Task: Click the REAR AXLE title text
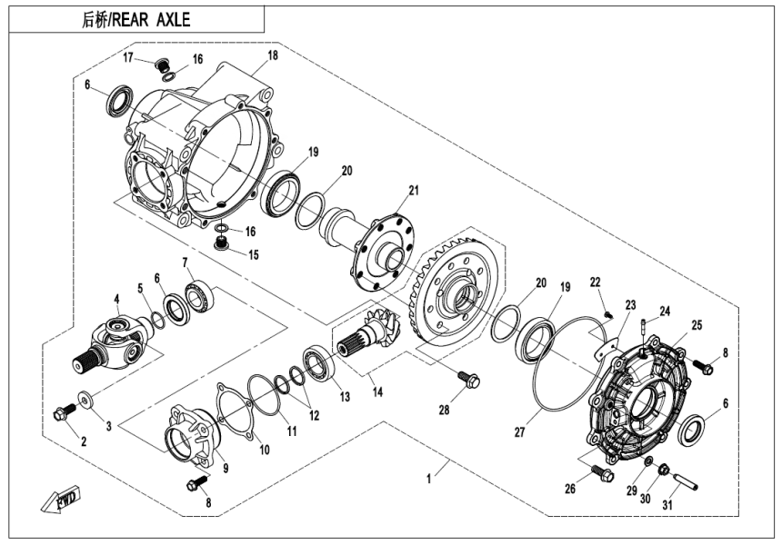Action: (x=135, y=18)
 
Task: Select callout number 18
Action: (x=272, y=57)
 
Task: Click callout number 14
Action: (x=377, y=392)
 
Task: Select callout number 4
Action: (x=116, y=299)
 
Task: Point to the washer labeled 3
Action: (x=87, y=399)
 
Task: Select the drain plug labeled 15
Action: (x=219, y=243)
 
